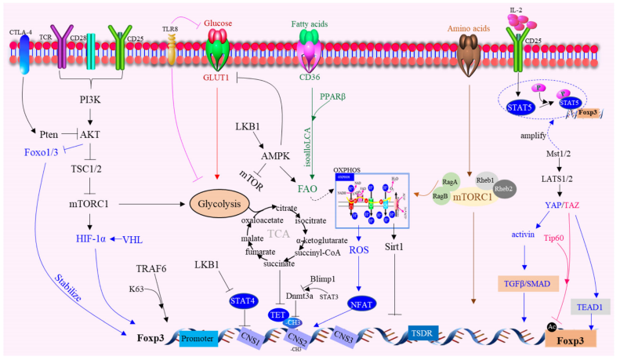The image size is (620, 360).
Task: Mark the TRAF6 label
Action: click(151, 268)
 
